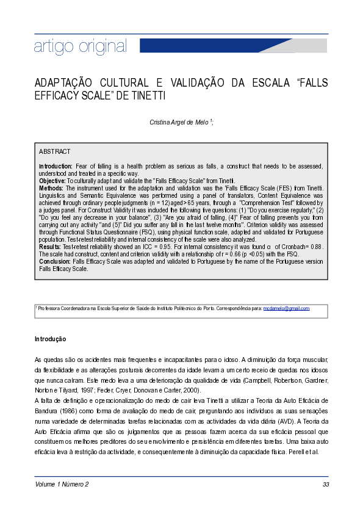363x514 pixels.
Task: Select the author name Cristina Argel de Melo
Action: coord(179,122)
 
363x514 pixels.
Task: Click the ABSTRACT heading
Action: coord(55,151)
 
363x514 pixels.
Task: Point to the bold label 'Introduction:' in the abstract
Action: coord(56,166)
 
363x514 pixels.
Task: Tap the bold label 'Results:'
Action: coord(51,247)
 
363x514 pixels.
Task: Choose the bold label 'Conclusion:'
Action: coord(56,261)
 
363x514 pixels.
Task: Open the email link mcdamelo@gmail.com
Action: coord(287,309)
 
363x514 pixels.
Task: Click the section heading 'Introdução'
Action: coord(50,339)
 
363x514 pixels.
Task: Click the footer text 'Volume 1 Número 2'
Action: coord(62,485)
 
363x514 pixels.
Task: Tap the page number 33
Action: coord(325,485)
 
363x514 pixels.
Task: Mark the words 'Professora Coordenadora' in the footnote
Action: coord(62,309)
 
